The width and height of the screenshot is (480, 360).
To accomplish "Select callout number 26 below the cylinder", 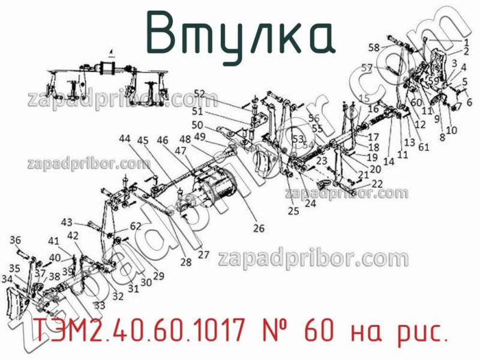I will (x=259, y=228).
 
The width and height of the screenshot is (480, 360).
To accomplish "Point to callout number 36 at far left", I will (x=16, y=240).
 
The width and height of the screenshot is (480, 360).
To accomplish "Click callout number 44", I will (x=124, y=139).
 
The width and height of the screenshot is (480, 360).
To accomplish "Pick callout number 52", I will (x=199, y=94).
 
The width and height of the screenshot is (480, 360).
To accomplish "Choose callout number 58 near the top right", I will (x=374, y=47).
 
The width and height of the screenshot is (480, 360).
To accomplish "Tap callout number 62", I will (x=135, y=227).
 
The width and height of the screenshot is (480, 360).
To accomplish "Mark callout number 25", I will (x=293, y=211).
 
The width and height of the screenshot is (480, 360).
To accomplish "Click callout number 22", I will (x=377, y=184).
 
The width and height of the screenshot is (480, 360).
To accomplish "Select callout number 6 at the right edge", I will (x=469, y=102).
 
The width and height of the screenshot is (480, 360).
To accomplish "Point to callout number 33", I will (x=100, y=305).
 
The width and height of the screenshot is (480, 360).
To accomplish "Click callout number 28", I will (x=185, y=262).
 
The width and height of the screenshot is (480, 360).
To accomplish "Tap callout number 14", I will (x=389, y=162).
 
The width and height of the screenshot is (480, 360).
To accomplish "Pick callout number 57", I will (x=367, y=67).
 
